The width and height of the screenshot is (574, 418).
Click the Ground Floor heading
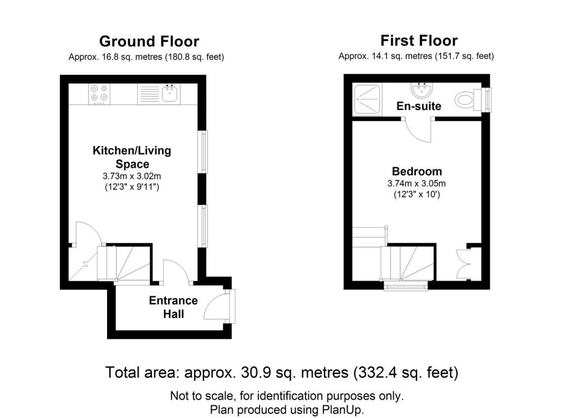(x=149, y=42)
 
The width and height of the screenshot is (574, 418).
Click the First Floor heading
(x=419, y=40)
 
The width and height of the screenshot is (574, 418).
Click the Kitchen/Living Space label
(x=132, y=157)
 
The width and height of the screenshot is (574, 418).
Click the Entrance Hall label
(x=173, y=307)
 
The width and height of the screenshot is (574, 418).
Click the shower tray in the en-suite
(x=367, y=100)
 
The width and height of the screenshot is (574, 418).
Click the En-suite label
(x=419, y=106)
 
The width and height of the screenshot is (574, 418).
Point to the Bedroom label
(x=416, y=171)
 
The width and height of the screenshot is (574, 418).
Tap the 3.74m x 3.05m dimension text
(x=416, y=183)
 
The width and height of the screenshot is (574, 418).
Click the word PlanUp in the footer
(x=346, y=410)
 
